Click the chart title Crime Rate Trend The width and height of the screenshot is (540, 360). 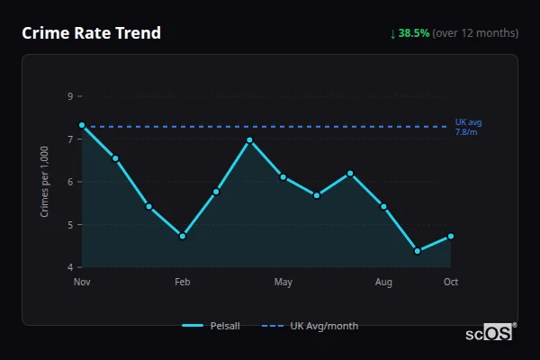coord(91,33)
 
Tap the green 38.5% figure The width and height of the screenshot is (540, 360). coord(414,33)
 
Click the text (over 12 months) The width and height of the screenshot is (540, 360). coord(475,33)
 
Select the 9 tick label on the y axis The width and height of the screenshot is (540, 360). coord(70,96)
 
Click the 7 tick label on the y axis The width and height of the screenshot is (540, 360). coord(70,139)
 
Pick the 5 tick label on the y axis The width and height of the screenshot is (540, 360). coord(70,225)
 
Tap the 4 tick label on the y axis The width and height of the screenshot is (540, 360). coord(70,267)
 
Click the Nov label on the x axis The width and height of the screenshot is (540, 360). coord(82,283)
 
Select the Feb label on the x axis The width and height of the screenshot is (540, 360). coord(183,283)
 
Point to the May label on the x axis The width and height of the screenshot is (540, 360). coord(283,283)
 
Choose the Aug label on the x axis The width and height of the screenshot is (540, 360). coord(383,283)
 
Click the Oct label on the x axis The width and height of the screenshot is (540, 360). coord(451,283)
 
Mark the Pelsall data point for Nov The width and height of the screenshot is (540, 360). coord(82,126)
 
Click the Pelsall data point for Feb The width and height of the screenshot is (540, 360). coord(183,236)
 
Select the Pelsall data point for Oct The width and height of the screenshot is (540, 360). coord(451,236)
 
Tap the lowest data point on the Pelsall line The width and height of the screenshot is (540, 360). coord(418,251)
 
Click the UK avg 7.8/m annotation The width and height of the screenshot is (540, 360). coord(469,127)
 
